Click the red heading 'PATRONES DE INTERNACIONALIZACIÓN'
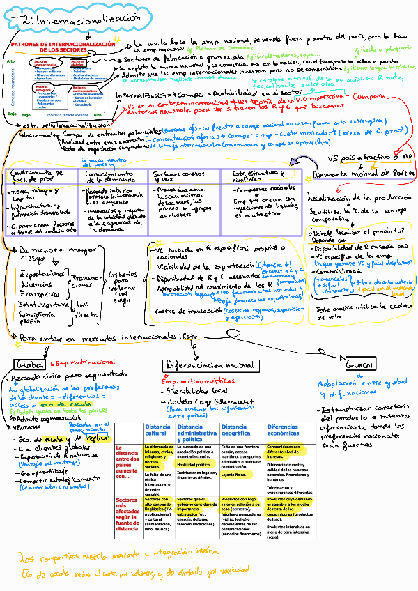click(x=63, y=45)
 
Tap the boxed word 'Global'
click(x=29, y=364)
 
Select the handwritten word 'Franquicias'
click(x=40, y=294)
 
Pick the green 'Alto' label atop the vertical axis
click(x=10, y=61)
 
